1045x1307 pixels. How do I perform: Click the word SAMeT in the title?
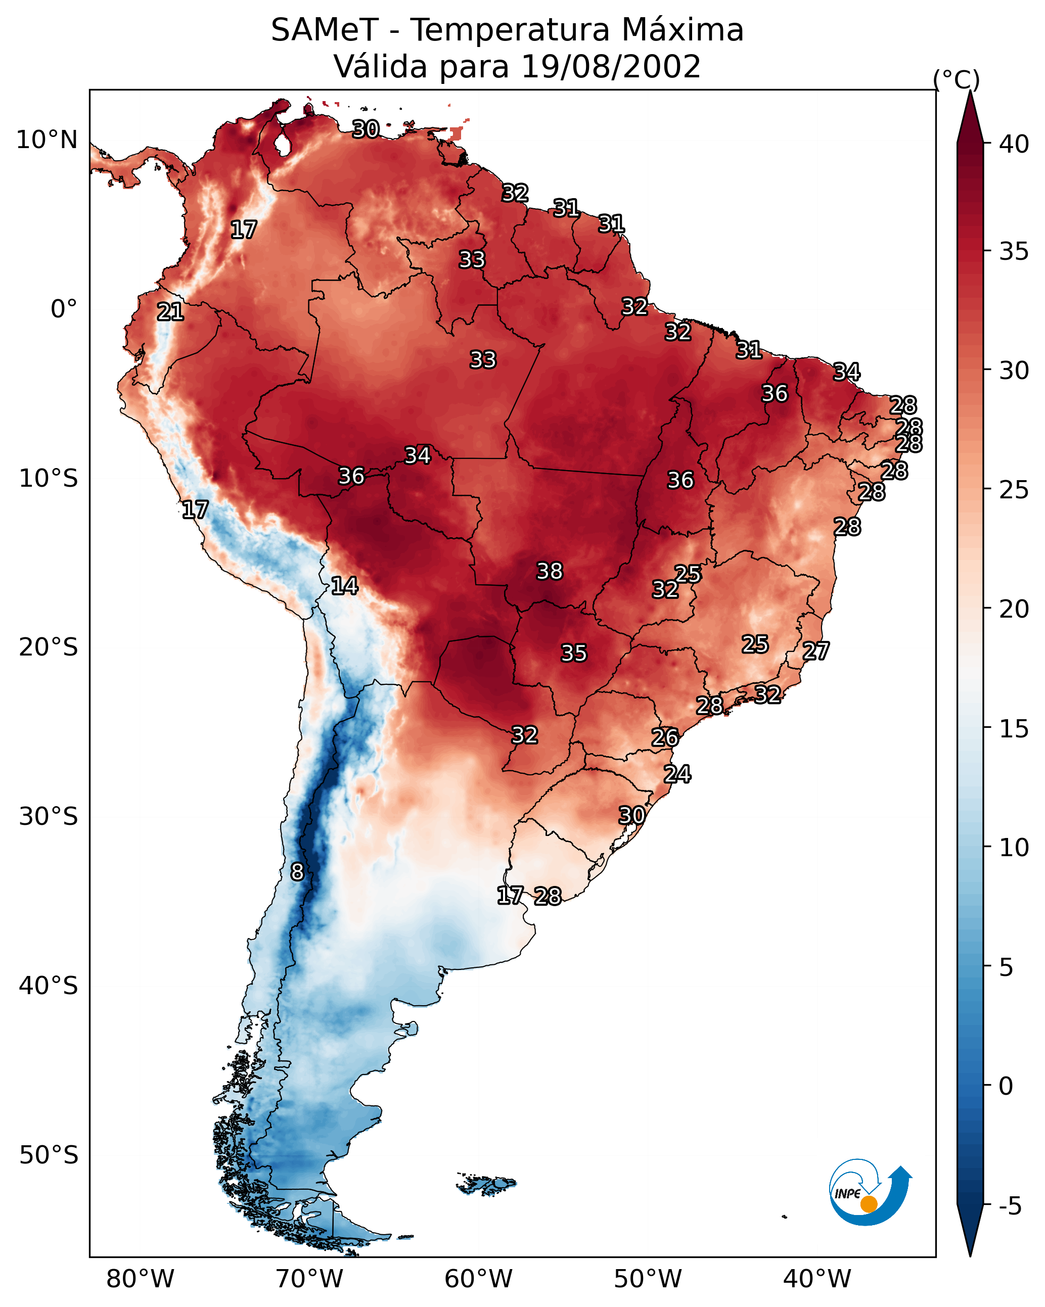tap(325, 30)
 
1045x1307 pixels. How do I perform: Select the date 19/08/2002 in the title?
tap(611, 67)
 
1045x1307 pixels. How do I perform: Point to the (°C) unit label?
tap(956, 80)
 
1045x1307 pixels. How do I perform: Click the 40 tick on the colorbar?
tap(1014, 144)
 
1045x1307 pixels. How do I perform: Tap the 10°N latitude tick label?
tap(47, 140)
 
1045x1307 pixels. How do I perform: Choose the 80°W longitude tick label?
tap(140, 1279)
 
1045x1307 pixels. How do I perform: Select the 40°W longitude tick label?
tap(817, 1279)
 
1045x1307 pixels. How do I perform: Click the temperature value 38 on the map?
tap(550, 571)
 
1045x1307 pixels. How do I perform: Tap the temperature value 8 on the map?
tap(297, 872)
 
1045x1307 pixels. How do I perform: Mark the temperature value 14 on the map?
tap(344, 586)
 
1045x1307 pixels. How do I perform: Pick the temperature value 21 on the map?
tap(170, 312)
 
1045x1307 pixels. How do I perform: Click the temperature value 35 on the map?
tap(574, 653)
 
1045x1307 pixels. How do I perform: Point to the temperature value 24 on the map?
tap(677, 774)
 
